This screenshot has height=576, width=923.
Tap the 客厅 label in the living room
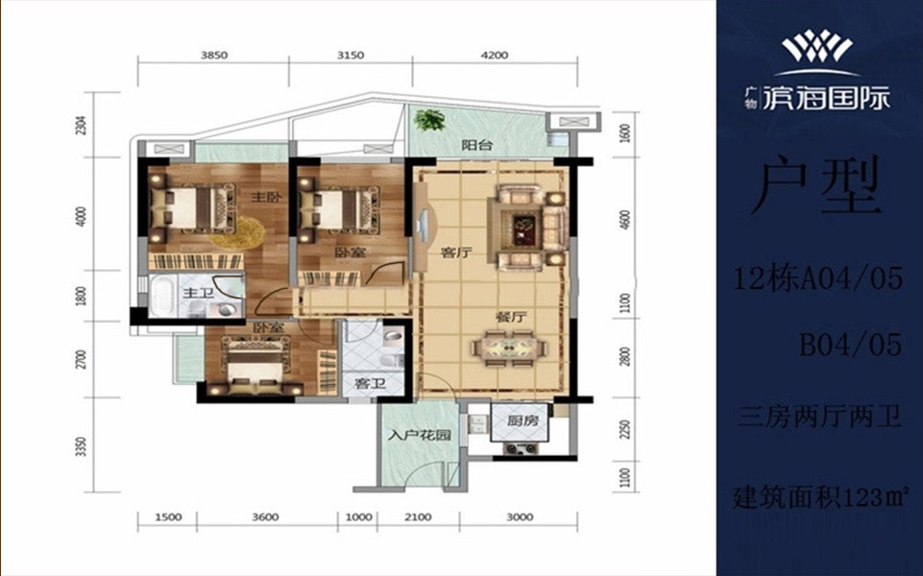point(457,253)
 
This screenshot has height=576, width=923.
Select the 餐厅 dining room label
point(511,318)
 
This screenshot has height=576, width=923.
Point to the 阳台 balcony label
point(476,145)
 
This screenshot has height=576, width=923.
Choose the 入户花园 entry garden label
point(420,436)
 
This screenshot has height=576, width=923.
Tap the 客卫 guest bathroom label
point(370,384)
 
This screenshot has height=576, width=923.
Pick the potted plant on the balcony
point(428,120)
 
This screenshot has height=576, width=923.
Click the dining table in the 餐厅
point(510,348)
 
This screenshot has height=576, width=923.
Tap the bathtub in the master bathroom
point(161,297)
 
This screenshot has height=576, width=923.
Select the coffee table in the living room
point(523,228)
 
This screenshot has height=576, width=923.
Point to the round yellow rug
point(237,232)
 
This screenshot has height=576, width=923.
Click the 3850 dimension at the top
point(214,56)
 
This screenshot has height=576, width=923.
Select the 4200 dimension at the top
point(495,56)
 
